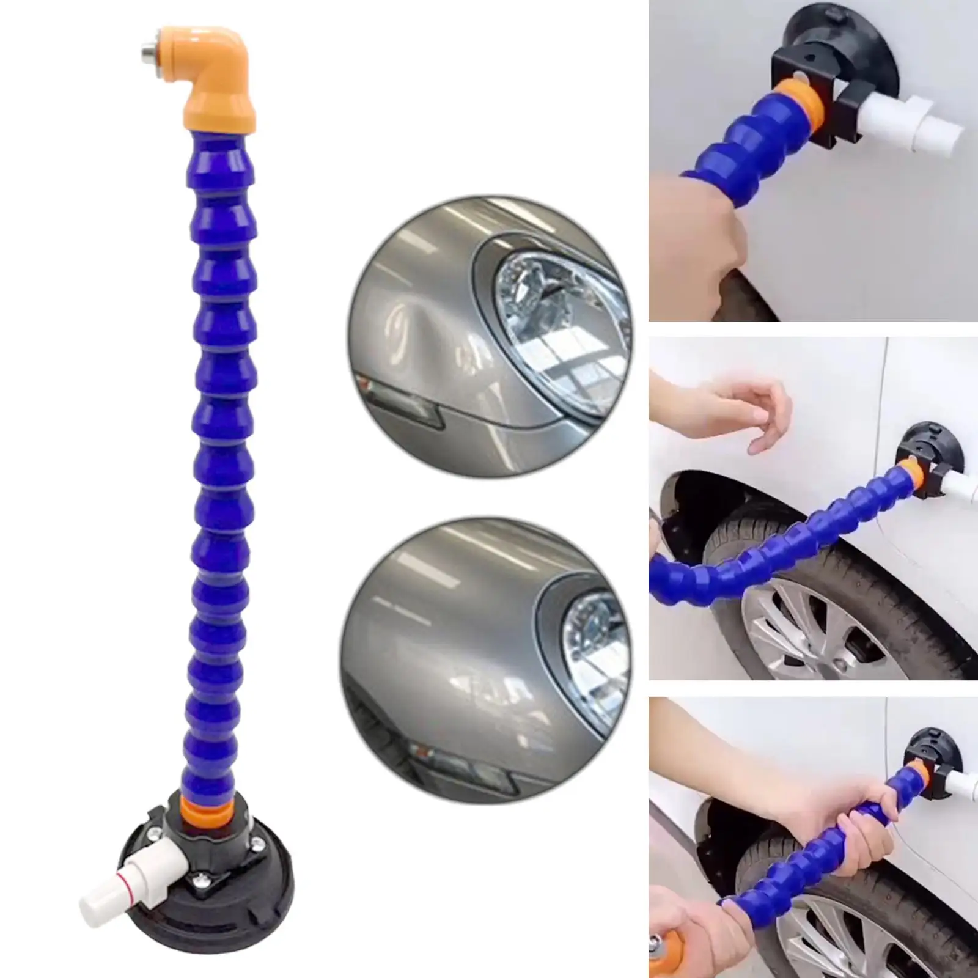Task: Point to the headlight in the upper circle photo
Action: tap(556, 318)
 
